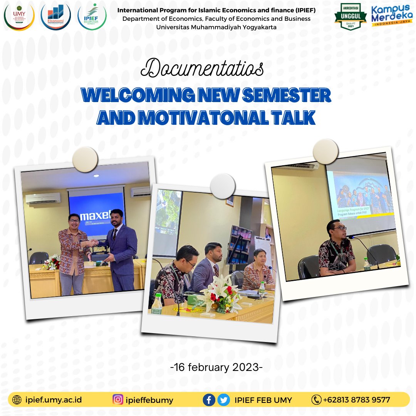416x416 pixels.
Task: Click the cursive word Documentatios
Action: [x=202, y=69]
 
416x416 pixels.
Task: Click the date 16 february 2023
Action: [x=216, y=367]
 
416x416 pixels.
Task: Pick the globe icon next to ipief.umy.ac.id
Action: [x=17, y=400]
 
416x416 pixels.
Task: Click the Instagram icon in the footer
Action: [x=118, y=400]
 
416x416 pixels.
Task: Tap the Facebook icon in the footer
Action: [x=209, y=400]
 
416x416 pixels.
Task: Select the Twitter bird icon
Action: [x=223, y=400]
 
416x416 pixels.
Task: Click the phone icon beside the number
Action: [x=316, y=400]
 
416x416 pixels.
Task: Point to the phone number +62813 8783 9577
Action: [x=357, y=400]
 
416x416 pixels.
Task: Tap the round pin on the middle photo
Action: [x=223, y=186]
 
